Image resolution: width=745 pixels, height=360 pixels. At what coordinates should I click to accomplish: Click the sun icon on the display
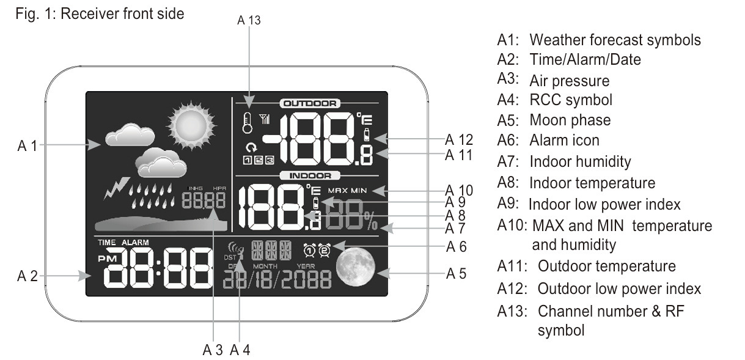pos(191,126)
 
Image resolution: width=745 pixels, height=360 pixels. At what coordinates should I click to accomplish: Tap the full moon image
pos(355,266)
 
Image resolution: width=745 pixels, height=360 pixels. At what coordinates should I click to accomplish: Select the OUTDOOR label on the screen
pos(310,103)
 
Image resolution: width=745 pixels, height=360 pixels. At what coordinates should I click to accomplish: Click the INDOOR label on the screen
pos(310,175)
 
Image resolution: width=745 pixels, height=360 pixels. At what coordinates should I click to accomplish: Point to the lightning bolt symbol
pos(116,188)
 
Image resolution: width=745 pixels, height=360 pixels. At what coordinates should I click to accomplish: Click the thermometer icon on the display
pos(247,123)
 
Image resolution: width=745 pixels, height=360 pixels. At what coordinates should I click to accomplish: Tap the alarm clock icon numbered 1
pos(310,250)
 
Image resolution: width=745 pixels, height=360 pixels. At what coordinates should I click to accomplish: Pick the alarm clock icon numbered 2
pos(325,250)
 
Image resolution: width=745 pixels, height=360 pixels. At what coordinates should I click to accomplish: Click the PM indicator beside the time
pos(108,259)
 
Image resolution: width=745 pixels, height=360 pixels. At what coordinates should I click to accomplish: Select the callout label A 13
pos(249,20)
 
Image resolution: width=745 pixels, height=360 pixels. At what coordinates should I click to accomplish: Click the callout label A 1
pos(28,145)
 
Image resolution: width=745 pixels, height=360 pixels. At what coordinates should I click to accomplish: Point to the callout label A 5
pos(456,273)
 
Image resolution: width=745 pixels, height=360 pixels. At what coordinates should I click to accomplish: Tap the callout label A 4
pos(240,350)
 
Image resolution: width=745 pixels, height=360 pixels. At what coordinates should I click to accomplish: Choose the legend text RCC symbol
pos(571,100)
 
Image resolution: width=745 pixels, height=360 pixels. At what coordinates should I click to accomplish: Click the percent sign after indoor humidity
pos(371,221)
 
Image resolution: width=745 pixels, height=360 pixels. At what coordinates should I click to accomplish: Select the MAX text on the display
pos(337,191)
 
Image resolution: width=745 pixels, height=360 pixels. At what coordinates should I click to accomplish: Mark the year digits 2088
pos(307,279)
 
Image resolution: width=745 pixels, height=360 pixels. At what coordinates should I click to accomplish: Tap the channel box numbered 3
pos(270,160)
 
